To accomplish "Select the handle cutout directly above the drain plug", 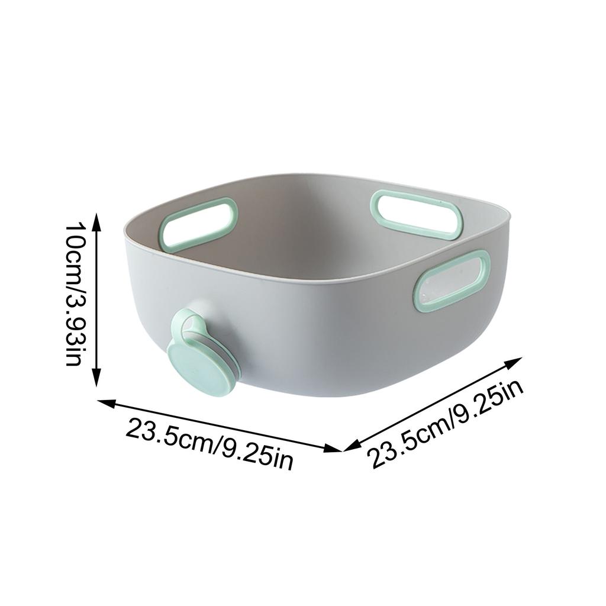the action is (199, 224).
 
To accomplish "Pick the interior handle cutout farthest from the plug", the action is (417, 215).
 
